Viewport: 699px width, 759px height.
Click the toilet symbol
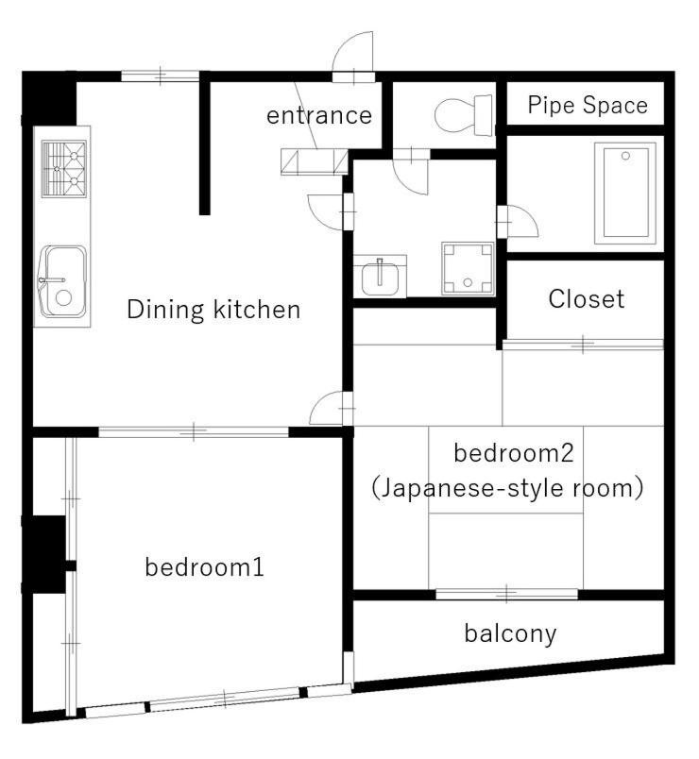click(x=464, y=115)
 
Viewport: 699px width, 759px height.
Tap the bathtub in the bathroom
click(x=625, y=193)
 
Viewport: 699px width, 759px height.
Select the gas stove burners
click(x=64, y=168)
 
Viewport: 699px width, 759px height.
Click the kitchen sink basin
click(x=63, y=281)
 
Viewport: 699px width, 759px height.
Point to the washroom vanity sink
click(x=380, y=277)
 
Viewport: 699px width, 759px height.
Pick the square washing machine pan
click(x=468, y=268)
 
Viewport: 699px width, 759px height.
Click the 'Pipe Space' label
click(x=588, y=105)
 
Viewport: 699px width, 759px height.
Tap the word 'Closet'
click(x=587, y=298)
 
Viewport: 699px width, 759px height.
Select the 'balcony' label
click(x=510, y=633)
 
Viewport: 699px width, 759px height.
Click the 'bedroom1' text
click(x=204, y=566)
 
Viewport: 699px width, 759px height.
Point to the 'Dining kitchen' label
click(x=213, y=310)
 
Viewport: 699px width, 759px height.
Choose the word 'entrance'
click(x=319, y=116)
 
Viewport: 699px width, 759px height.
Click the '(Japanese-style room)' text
click(x=507, y=488)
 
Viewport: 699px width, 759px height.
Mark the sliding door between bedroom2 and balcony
click(x=506, y=594)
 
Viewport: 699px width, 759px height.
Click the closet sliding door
click(x=583, y=345)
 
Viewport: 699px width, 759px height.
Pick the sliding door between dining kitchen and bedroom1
click(x=194, y=431)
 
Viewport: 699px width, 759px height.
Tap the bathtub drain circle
click(x=625, y=156)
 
